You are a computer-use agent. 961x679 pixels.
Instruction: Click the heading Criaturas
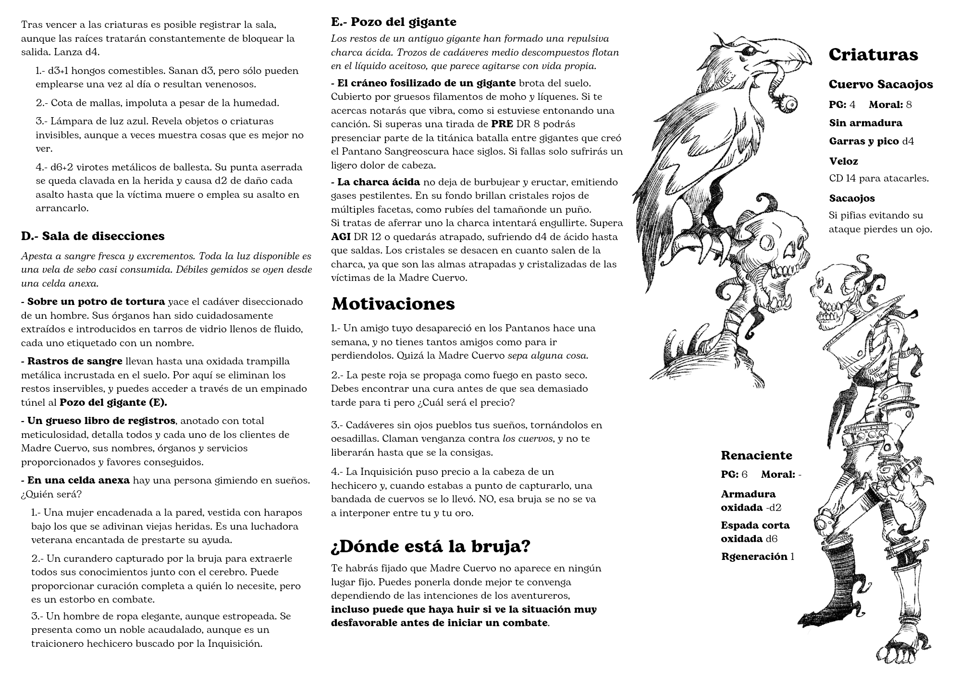pos(873,54)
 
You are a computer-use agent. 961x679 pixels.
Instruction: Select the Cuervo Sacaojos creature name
pos(881,85)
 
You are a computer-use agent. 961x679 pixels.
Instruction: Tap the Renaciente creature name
pos(756,455)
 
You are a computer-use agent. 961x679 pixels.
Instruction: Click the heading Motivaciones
pos(393,303)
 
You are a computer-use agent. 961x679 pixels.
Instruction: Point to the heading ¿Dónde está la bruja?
pos(431,546)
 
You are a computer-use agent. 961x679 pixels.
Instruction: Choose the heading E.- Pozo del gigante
pos(394,22)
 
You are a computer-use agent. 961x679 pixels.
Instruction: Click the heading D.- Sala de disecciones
pos(93,236)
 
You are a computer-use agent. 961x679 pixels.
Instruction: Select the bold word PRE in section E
pos(502,124)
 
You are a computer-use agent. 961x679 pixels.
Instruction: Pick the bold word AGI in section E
pos(341,237)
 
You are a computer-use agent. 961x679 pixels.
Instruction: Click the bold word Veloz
pos(843,161)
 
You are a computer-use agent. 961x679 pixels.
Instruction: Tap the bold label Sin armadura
pos(865,123)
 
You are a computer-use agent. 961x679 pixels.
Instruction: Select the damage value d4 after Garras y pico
pos(908,141)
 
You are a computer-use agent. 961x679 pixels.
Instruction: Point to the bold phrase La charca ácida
pos(378,182)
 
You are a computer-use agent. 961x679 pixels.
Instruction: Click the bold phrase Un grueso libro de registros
pos(101,421)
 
